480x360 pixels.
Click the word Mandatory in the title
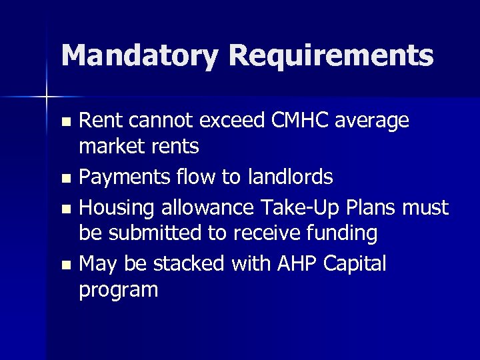pyautogui.click(x=139, y=55)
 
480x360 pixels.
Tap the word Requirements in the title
pyautogui.click(x=331, y=57)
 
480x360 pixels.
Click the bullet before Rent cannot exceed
pyautogui.click(x=65, y=122)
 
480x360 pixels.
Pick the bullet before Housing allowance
pyautogui.click(x=65, y=209)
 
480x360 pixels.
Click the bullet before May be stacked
pyautogui.click(x=65, y=265)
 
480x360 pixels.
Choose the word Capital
pyautogui.click(x=355, y=264)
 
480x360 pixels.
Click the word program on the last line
pyautogui.click(x=119, y=291)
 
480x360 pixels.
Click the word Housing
pyautogui.click(x=117, y=209)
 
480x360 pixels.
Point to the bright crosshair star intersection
pyautogui.click(x=47, y=97)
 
